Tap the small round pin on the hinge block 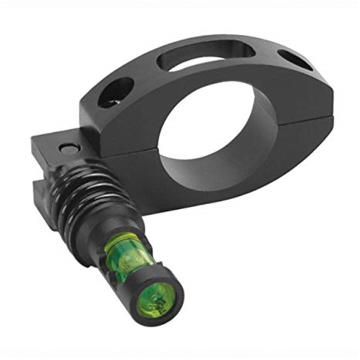coord(67,150)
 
